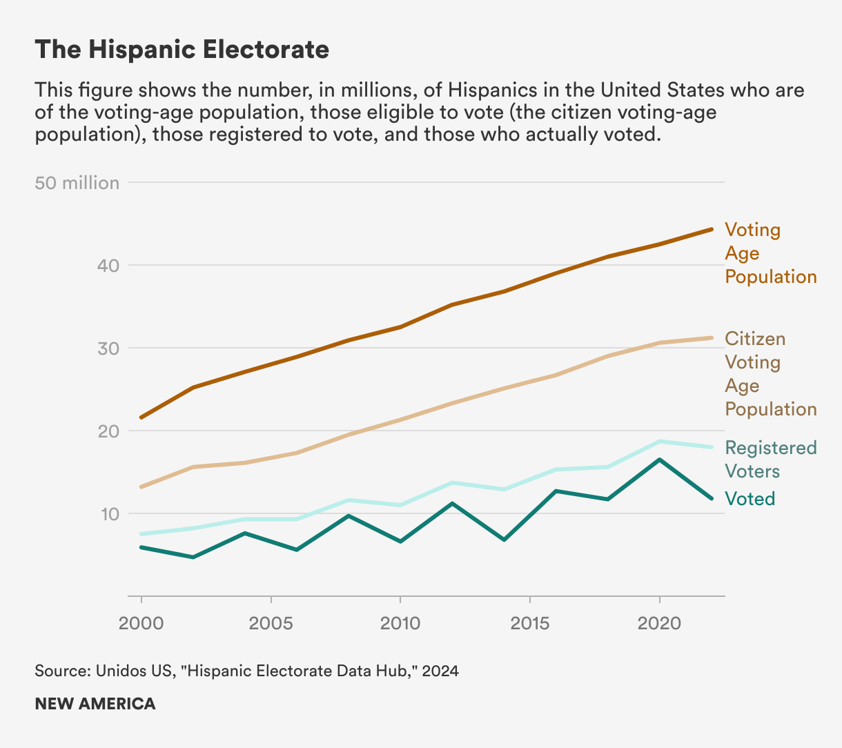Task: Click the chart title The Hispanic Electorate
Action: coord(182,50)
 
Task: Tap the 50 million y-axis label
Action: coord(77,183)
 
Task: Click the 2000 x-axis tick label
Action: coord(141,623)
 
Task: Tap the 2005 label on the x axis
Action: coord(271,623)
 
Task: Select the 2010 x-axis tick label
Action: coord(400,623)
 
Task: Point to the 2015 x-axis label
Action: coord(530,623)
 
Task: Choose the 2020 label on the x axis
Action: coord(660,623)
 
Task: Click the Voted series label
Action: coord(750,499)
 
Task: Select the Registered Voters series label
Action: coord(770,460)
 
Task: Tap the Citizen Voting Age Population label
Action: coord(770,374)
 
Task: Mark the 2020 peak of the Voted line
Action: coord(660,460)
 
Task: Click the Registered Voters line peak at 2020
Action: coord(660,441)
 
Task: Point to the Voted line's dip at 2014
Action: coord(505,540)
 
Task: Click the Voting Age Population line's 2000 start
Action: coord(141,417)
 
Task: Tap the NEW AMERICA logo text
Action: coord(95,704)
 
